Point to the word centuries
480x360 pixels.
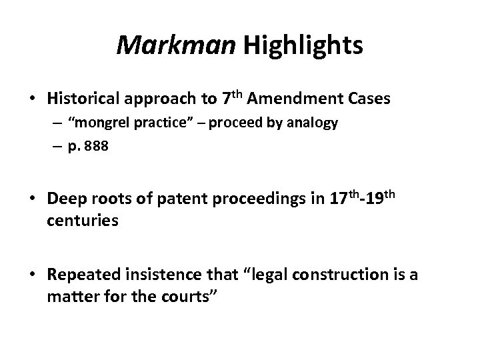click(x=83, y=221)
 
